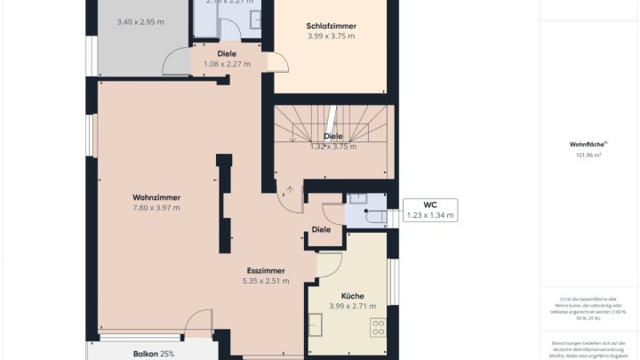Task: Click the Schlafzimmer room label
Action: point(331,25)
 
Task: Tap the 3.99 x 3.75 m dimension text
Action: point(331,36)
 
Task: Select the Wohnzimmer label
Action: point(156,196)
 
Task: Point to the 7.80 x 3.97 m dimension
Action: point(156,208)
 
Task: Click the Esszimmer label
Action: point(267,269)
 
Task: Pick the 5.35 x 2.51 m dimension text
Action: point(267,281)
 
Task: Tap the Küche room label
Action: point(353,295)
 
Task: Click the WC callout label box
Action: point(430,210)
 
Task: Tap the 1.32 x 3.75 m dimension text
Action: point(332,147)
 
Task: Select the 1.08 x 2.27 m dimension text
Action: point(227,64)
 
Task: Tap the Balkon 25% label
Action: point(154,354)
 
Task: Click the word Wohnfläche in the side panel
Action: point(587,144)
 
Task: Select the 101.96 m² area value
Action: point(587,156)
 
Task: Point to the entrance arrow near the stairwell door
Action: point(290,188)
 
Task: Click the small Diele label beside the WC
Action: point(322,229)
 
